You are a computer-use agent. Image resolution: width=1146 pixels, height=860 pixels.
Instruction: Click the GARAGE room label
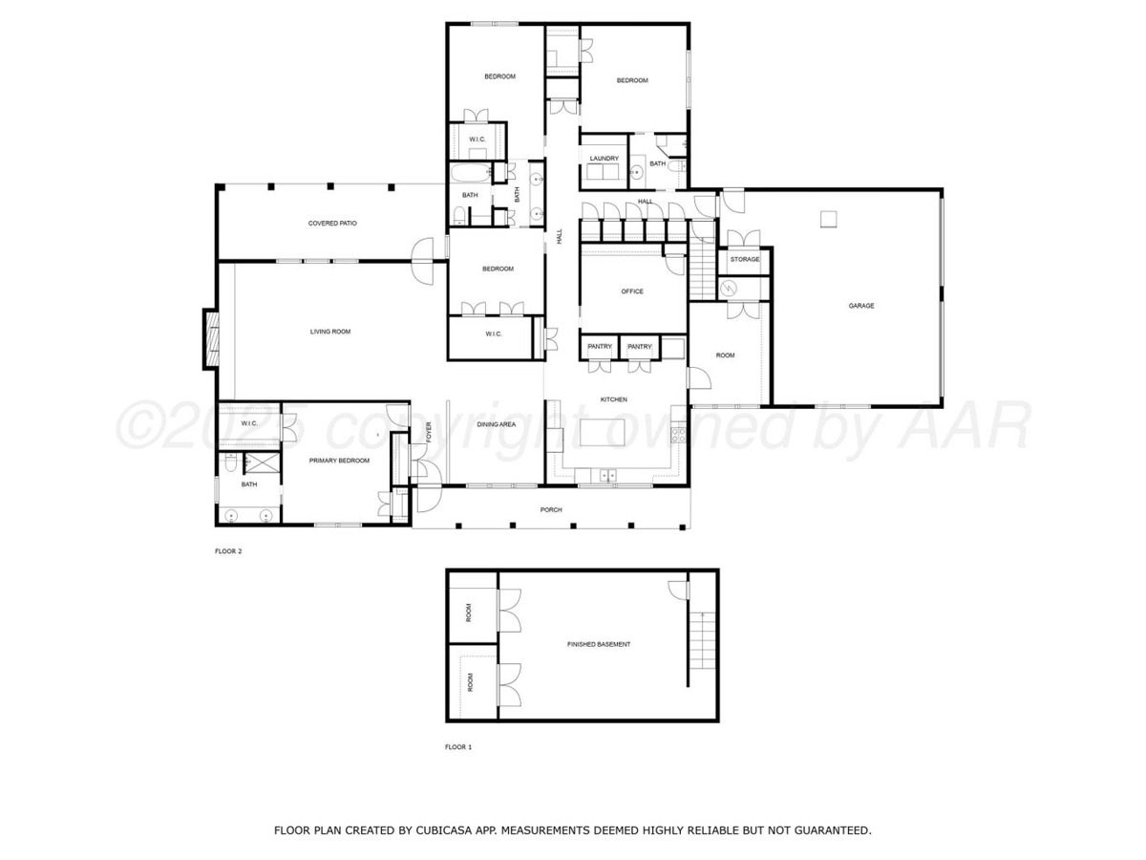click(x=861, y=306)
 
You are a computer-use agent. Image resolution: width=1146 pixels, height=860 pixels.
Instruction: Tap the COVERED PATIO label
click(x=332, y=223)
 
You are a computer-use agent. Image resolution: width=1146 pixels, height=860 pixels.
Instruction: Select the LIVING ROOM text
click(x=330, y=331)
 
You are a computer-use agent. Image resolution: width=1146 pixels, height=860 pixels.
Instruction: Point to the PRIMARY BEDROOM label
click(x=339, y=460)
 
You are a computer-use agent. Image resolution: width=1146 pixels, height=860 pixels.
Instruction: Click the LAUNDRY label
click(x=605, y=159)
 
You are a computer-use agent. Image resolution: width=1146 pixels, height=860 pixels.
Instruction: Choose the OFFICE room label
click(x=632, y=290)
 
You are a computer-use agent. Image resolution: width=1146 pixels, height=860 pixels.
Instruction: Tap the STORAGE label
click(x=745, y=259)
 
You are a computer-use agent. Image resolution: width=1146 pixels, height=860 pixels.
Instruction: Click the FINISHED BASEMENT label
click(x=599, y=644)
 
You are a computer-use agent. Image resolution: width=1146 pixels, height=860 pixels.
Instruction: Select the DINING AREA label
click(x=496, y=424)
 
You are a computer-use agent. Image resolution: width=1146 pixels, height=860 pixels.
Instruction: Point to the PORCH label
click(x=551, y=509)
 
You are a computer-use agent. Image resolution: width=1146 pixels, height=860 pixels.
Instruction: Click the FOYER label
click(x=429, y=432)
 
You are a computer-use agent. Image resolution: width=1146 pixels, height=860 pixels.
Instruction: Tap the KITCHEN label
click(x=613, y=398)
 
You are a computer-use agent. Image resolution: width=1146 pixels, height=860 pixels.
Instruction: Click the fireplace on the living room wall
click(x=211, y=339)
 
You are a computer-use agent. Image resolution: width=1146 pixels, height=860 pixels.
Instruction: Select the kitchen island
click(x=602, y=432)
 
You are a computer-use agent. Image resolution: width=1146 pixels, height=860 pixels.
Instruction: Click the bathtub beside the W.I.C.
click(x=470, y=172)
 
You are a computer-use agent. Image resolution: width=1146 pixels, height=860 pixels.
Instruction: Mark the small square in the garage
click(x=828, y=219)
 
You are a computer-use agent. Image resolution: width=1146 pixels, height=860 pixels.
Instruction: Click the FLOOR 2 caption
click(x=228, y=551)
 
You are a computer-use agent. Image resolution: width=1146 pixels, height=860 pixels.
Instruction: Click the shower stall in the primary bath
click(x=262, y=463)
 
